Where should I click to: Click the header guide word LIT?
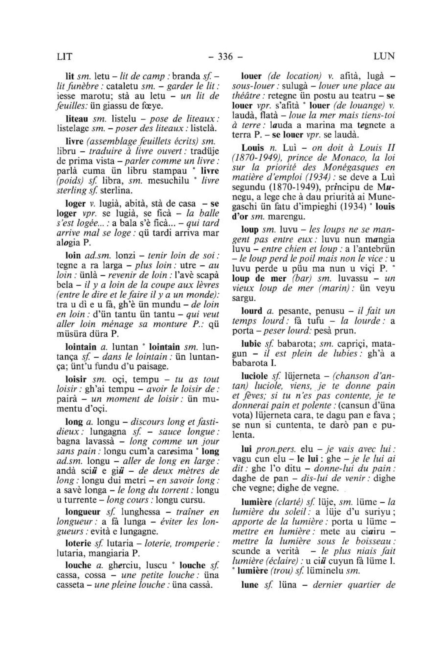tap(65, 56)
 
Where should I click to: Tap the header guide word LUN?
tap(384, 56)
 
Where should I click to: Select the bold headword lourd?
tap(251, 310)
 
